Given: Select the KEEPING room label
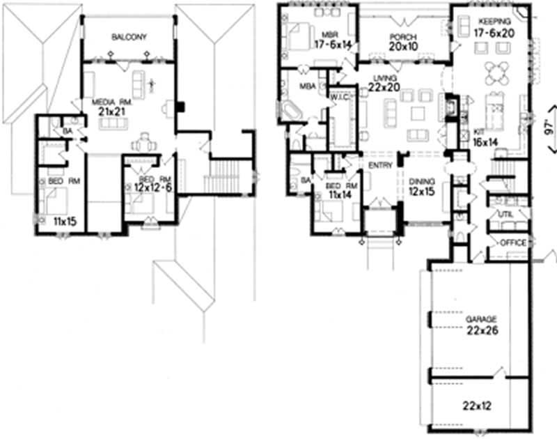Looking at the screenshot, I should click(x=492, y=22).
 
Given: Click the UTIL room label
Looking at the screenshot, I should click(x=505, y=215).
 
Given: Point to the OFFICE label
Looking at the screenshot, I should click(x=514, y=243).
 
